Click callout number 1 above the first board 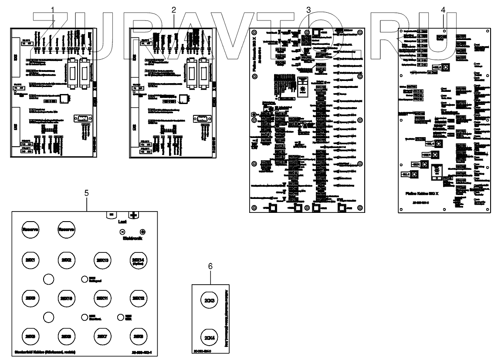pyautogui.click(x=53, y=10)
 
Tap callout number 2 pyautogui.click(x=174, y=10)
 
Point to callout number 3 pyautogui.click(x=308, y=10)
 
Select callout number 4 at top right pyautogui.click(x=444, y=10)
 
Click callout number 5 pyautogui.click(x=86, y=193)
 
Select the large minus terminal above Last pyautogui.click(x=112, y=215)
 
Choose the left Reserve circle pyautogui.click(x=30, y=229)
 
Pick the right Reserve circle pyautogui.click(x=67, y=229)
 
